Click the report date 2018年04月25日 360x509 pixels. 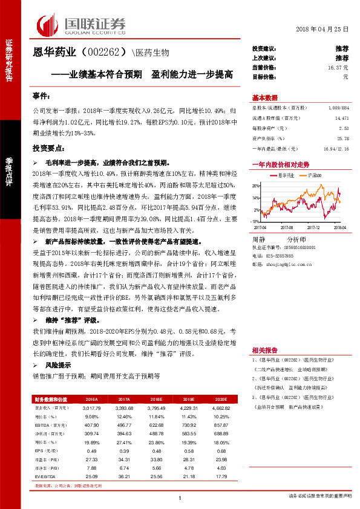click(323, 30)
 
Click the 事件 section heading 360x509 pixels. click(41, 97)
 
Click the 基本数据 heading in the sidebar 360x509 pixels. click(264, 98)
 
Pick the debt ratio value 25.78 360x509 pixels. click(344, 138)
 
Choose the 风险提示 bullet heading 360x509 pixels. click(58, 365)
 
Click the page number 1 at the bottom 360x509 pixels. click(180, 498)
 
